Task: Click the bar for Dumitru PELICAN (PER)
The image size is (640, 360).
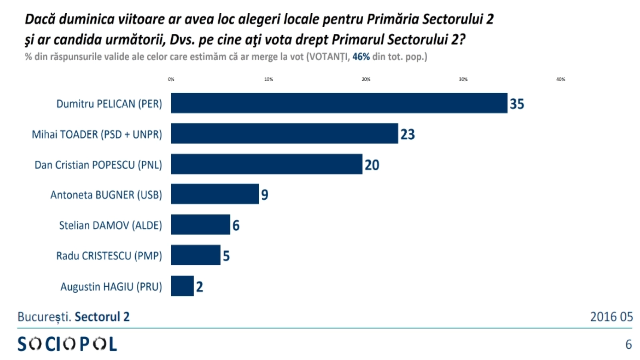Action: [339, 103]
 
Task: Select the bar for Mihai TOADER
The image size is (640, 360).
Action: [284, 134]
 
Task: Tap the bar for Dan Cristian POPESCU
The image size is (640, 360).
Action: [266, 164]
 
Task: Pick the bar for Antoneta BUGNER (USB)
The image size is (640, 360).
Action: [215, 194]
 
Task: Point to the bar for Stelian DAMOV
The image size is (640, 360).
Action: [200, 224]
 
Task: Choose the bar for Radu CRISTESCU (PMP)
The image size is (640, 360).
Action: [196, 255]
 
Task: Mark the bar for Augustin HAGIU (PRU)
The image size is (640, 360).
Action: [182, 286]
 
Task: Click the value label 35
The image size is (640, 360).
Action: [516, 104]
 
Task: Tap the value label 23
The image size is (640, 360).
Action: [408, 134]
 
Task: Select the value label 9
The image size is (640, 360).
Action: [264, 195]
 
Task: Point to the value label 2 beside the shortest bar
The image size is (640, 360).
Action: [199, 287]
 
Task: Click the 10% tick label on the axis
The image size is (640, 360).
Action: [268, 80]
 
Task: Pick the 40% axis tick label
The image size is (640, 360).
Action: [560, 80]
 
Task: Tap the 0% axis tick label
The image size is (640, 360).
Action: [171, 80]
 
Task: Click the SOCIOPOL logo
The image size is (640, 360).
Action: [67, 344]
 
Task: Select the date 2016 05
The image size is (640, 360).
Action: [611, 317]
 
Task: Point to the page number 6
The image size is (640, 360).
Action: [628, 344]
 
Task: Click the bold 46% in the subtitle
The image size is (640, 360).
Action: [361, 57]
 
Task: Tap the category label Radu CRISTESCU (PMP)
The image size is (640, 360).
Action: [109, 256]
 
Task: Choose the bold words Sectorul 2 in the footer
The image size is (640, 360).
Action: [102, 317]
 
